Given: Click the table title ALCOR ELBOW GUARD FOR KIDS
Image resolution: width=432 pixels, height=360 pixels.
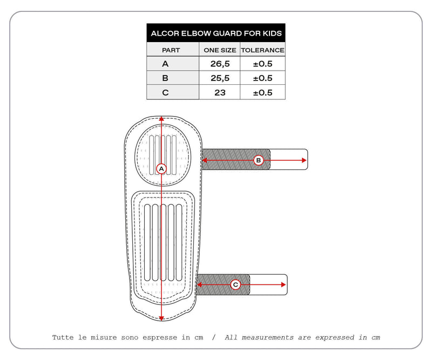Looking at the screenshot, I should pos(216,33).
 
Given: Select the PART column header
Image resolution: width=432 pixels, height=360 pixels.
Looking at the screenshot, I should pos(171,50).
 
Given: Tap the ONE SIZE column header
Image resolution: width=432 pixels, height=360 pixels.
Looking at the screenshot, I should pos(220,50).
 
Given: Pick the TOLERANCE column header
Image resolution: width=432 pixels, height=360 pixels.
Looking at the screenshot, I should pos(262,50).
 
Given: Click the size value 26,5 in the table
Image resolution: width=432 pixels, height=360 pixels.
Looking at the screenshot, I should pos(220,64).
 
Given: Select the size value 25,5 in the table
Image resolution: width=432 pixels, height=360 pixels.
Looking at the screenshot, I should pos(220,78).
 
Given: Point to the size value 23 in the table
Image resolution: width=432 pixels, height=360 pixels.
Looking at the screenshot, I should pos(220,92).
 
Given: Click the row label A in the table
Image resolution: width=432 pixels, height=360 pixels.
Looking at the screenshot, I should pos(165,64).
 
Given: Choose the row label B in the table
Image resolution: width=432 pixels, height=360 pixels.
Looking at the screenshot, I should pos(165,78).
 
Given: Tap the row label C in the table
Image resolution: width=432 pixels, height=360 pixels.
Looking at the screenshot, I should pos(165,92).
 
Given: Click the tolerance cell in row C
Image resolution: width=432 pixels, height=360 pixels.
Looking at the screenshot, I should pos(262,92).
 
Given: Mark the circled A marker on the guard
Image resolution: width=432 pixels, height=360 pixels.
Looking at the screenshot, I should pos(161,169).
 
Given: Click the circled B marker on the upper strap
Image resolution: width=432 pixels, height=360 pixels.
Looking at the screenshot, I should pos(258,160).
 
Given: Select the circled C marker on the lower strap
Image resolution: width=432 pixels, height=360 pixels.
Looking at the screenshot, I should pos(235,284).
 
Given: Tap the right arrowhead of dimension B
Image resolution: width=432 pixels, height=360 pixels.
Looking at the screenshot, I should pos(304,160).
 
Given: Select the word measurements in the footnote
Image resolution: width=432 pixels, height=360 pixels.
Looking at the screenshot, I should pos(261,338).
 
